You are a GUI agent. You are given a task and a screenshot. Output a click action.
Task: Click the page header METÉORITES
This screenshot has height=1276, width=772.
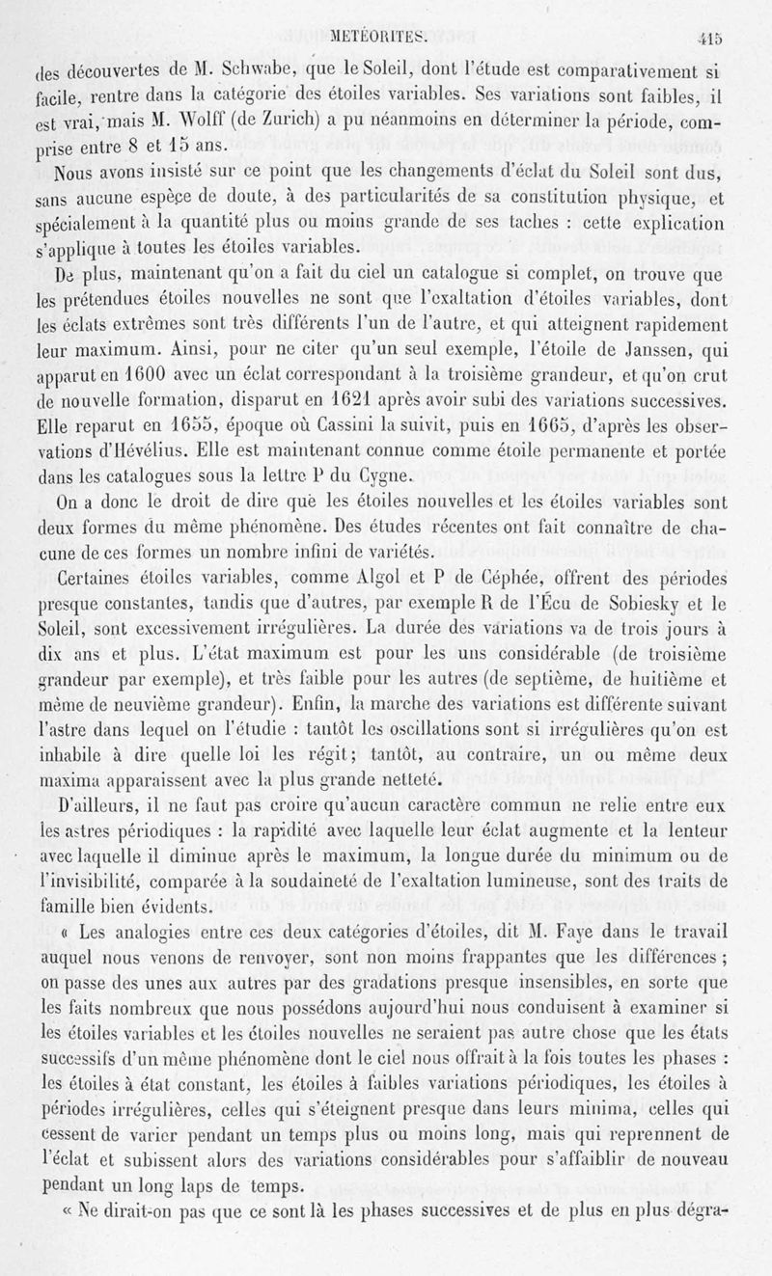[385, 41]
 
